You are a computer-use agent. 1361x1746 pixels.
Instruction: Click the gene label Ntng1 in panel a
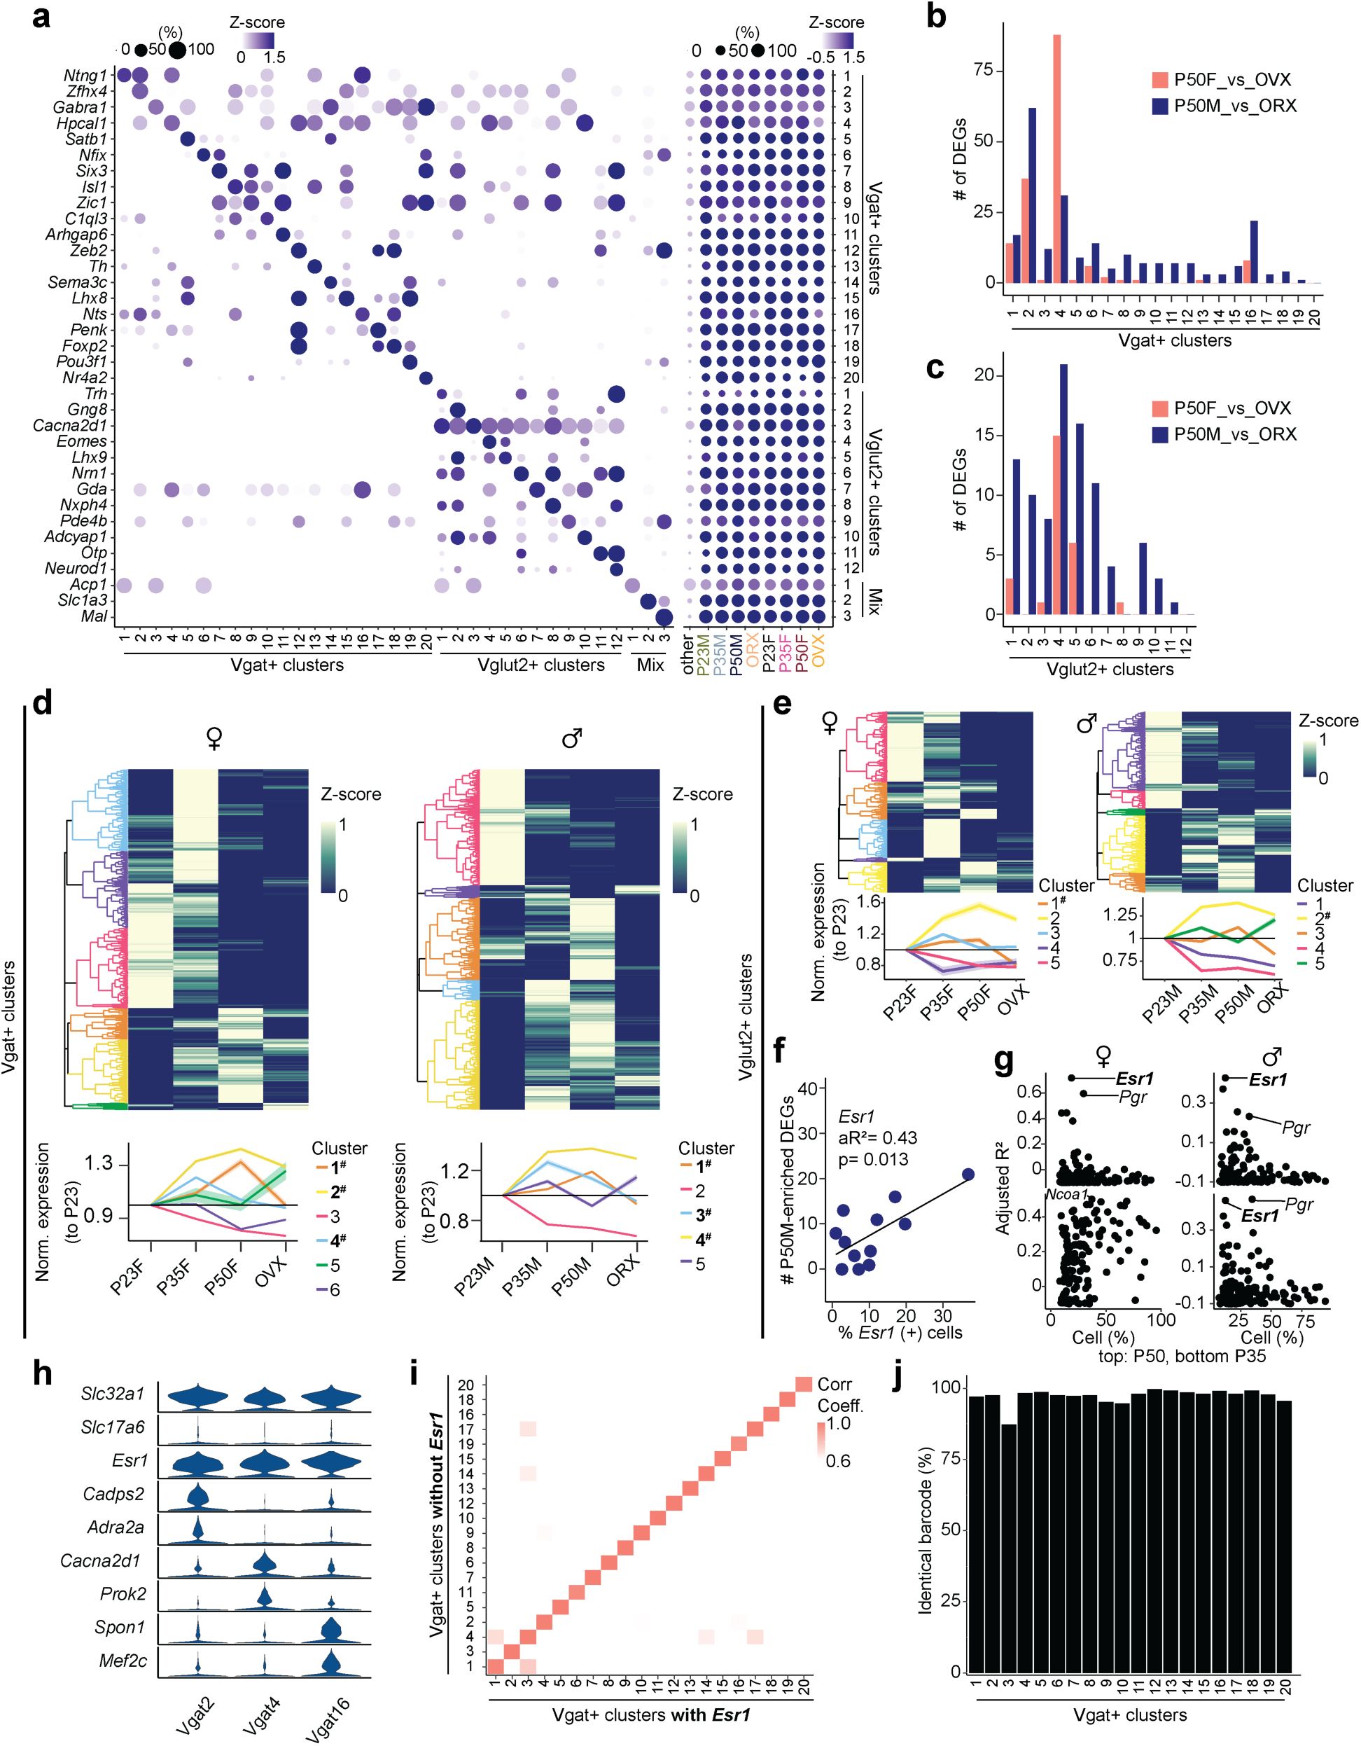coord(85,76)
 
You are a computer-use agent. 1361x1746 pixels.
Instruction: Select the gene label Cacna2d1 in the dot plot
coord(70,425)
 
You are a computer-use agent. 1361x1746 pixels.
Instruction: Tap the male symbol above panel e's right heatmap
coord(1086,724)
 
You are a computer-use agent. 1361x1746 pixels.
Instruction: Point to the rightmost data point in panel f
coord(968,1175)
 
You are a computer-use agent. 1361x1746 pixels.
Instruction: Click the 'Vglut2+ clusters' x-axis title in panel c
coord(1110,669)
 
